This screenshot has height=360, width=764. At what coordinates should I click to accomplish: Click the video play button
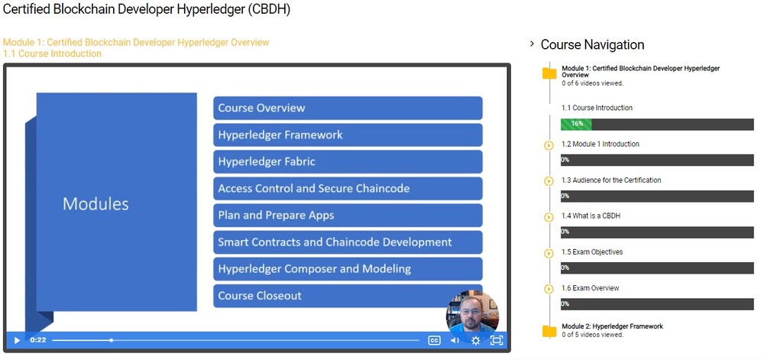(17, 340)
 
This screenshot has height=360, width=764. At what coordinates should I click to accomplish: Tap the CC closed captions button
(434, 340)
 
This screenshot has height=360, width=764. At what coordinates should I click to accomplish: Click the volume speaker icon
(455, 340)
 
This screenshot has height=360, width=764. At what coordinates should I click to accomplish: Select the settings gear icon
(475, 340)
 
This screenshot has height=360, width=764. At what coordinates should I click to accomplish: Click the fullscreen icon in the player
(496, 340)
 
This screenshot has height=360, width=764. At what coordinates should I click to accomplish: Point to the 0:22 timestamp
(38, 340)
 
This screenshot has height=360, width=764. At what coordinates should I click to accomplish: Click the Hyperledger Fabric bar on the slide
(348, 161)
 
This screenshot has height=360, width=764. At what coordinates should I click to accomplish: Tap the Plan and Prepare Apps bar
(348, 216)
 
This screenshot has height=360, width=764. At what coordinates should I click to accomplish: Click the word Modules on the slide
(95, 204)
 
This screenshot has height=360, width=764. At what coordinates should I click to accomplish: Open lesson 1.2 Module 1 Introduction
(601, 144)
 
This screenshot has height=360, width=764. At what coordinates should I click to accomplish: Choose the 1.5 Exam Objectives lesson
(592, 252)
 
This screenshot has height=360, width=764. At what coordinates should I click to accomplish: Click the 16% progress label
(577, 124)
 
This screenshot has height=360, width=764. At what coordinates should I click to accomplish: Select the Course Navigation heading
(592, 44)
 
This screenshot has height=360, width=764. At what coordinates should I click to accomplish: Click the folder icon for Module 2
(549, 331)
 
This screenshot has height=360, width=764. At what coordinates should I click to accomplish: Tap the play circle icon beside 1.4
(549, 217)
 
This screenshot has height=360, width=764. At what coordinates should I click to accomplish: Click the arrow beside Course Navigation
(532, 44)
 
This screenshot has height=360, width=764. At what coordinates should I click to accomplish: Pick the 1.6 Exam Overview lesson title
(590, 288)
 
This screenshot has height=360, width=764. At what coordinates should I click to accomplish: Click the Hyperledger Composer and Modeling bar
(348, 269)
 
